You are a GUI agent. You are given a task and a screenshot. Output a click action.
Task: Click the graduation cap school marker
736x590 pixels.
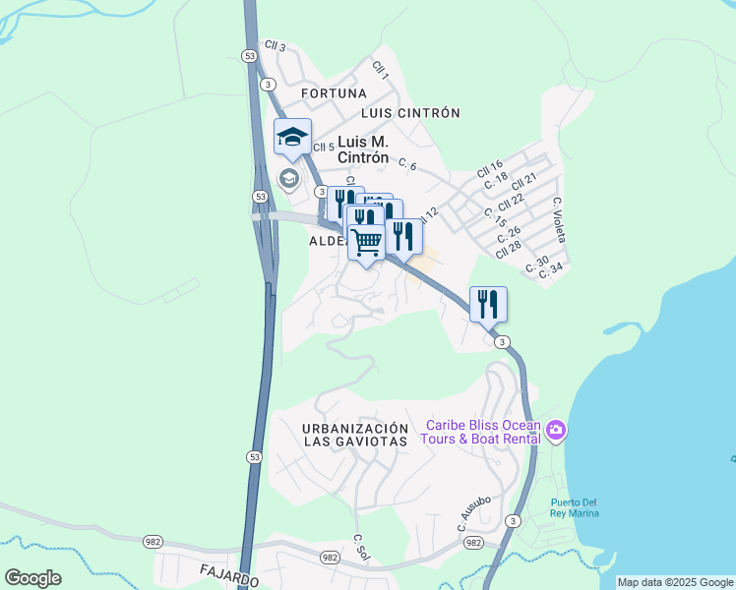pyautogui.click(x=292, y=138)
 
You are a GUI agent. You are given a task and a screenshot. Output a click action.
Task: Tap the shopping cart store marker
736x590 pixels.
pyautogui.click(x=367, y=241)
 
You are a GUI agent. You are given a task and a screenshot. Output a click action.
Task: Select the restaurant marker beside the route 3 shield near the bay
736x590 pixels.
pyautogui.click(x=488, y=304)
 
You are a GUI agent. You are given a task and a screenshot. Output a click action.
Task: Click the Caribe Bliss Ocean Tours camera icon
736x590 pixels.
pyautogui.click(x=556, y=431)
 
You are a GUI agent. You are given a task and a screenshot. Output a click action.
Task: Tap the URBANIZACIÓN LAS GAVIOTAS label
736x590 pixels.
pyautogui.click(x=355, y=435)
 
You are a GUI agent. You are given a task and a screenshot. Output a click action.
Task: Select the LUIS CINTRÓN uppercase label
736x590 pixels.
pyautogui.click(x=410, y=113)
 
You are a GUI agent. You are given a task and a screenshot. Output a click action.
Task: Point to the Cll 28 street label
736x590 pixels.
pyautogui.click(x=509, y=247)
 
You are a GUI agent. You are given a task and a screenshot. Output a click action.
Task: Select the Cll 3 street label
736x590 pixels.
pyautogui.click(x=275, y=46)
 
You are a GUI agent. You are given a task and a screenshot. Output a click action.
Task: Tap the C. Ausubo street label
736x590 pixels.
pyautogui.click(x=473, y=514)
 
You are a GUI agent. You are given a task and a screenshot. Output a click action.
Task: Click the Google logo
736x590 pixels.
pyautogui.click(x=32, y=578)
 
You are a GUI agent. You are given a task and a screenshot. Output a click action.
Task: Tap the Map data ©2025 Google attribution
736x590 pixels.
pyautogui.click(x=675, y=582)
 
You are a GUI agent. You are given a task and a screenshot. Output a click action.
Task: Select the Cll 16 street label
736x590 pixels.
pyautogui.click(x=490, y=168)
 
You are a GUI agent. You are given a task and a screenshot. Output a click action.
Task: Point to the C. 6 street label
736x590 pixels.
pyautogui.click(x=405, y=166)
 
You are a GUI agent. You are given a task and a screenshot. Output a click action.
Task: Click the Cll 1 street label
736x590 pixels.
pyautogui.click(x=381, y=70)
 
